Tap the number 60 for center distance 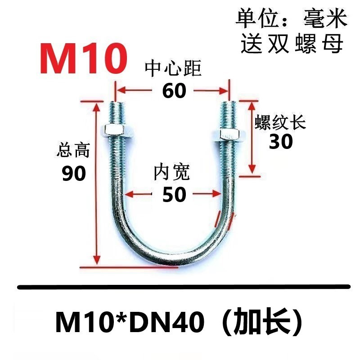click(x=174, y=91)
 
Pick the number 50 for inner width click(x=174, y=195)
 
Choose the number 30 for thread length click(x=281, y=142)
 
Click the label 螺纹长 click(x=281, y=122)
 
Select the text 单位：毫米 click(x=292, y=20)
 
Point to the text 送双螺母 click(x=292, y=44)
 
